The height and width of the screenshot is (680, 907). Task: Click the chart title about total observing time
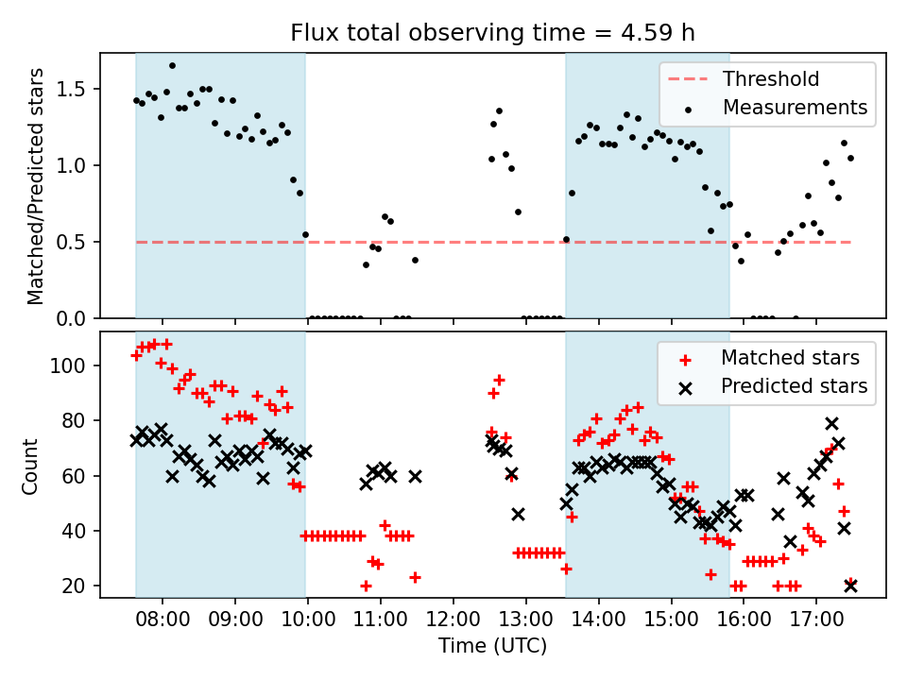click(492, 34)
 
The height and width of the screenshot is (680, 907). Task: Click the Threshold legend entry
click(771, 79)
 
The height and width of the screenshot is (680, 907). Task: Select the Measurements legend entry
click(795, 108)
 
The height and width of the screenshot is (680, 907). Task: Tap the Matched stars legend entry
click(790, 358)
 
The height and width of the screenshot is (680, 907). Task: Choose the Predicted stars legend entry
click(795, 385)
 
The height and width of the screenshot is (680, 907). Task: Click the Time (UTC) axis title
click(492, 647)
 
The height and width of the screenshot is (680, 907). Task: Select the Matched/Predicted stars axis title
click(36, 186)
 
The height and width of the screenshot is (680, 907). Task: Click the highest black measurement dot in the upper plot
click(172, 65)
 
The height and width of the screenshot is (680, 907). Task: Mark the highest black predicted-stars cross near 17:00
click(831, 423)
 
